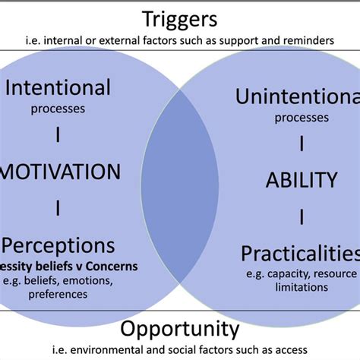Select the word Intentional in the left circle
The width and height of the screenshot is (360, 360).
click(x=58, y=87)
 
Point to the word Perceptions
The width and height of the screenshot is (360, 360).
click(x=59, y=245)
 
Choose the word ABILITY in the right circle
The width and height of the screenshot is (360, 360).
click(x=301, y=180)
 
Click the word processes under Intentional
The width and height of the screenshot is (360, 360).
click(x=58, y=108)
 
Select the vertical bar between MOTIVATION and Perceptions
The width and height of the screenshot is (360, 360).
click(x=58, y=207)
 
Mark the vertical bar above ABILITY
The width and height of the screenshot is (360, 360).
click(x=301, y=144)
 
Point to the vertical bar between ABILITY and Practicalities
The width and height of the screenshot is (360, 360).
click(x=301, y=217)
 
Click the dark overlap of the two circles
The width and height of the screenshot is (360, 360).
click(x=179, y=182)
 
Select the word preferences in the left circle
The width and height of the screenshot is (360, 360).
click(x=58, y=295)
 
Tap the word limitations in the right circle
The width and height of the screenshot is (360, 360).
click(x=301, y=287)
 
